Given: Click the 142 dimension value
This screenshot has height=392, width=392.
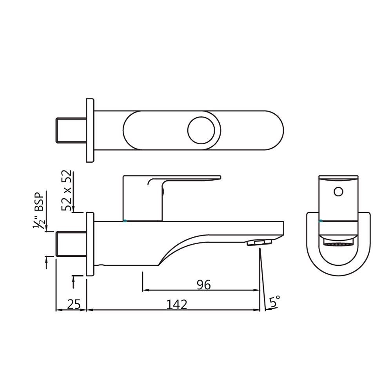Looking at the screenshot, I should point(177,304).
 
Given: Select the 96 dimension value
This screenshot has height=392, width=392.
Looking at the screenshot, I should point(203,285).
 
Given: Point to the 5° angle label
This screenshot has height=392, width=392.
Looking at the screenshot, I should point(275,302).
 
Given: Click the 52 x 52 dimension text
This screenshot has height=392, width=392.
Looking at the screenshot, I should point(67,191).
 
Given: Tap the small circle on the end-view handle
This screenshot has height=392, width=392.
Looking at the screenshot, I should point(338,192).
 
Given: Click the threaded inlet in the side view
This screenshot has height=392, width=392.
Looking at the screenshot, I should point(71,244).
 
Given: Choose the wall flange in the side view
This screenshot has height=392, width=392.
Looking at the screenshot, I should point(90,244).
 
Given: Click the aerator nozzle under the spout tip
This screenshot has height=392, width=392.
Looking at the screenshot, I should point(260,242).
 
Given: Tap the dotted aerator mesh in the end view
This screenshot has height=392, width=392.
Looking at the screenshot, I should point(338,244).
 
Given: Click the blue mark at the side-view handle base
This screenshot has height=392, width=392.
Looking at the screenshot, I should point(125,221).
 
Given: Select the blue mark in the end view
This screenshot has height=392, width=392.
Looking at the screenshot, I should point(321,221).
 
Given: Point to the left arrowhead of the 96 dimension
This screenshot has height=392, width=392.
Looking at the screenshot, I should point(144,290).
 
